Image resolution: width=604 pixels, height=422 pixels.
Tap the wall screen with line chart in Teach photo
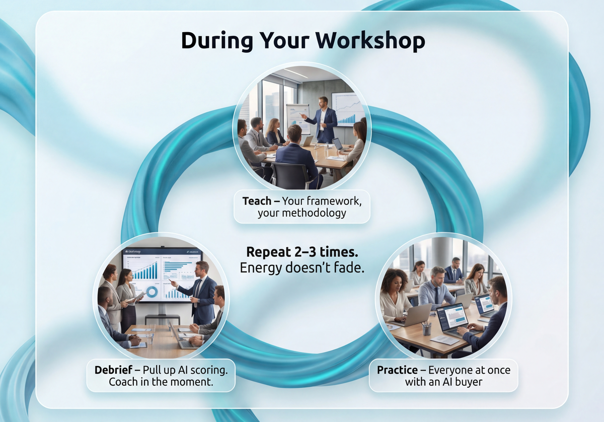coord(348,108)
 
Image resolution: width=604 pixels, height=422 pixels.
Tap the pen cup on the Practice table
coord(426,328)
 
